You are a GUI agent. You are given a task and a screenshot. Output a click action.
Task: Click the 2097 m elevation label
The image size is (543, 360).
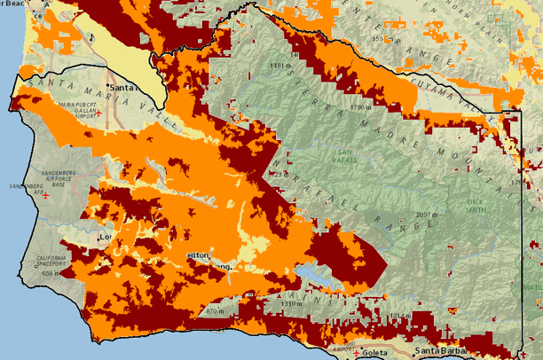pyautogui.click(x=428, y=215)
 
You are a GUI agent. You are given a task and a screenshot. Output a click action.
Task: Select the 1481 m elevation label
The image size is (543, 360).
pyautogui.click(x=279, y=66)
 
